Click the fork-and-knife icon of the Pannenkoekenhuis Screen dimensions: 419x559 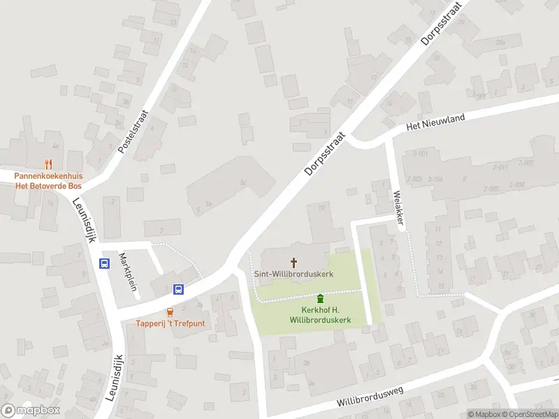point(48,165)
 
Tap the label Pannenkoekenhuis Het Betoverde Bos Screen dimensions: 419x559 point(48,182)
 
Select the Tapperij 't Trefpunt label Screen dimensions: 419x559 point(170,323)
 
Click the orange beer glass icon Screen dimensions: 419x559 point(170,312)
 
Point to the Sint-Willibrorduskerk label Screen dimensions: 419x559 point(293,274)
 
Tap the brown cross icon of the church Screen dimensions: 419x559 point(293,263)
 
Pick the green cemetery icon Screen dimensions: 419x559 point(321,298)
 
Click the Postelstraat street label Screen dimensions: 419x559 point(133,132)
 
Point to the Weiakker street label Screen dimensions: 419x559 point(399,207)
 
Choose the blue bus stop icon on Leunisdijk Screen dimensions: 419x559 point(105,264)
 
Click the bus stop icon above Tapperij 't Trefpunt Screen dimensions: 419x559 point(178,289)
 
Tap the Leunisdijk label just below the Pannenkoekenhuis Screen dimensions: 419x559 point(83,219)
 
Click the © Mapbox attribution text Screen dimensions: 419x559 point(485,414)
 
